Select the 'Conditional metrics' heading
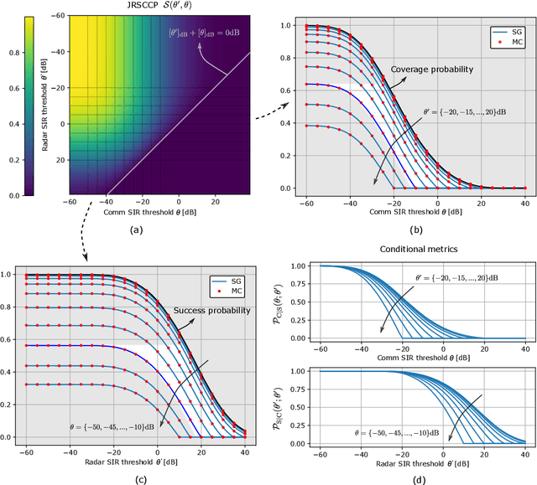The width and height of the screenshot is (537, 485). (414, 248)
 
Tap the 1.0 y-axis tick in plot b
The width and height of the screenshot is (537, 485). (286, 26)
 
